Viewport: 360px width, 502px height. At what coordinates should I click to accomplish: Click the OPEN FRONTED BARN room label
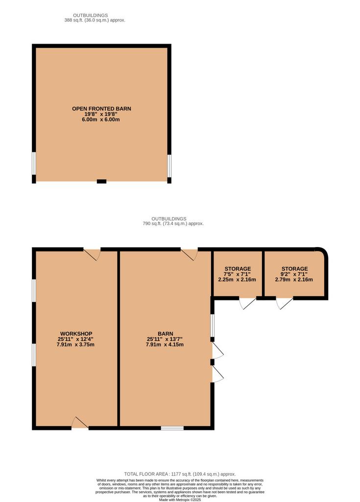tap(101, 108)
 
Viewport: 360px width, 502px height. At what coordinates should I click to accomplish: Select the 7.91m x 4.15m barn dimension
tap(165, 345)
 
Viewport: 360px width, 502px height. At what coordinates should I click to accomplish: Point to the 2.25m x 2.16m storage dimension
tap(237, 279)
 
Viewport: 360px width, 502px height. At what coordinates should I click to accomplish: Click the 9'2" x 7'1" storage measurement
tap(294, 274)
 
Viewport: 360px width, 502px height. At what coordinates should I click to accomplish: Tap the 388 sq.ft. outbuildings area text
tap(95, 20)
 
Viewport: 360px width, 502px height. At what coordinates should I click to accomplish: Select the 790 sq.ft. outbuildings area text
tap(173, 224)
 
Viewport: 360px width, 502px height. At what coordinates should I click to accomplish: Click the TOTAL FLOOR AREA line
tap(180, 474)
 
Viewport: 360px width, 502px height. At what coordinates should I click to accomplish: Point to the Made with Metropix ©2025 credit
tap(180, 500)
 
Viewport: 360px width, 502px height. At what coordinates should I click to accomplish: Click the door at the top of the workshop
tap(92, 254)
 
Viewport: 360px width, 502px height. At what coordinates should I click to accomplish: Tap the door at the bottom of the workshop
tap(80, 423)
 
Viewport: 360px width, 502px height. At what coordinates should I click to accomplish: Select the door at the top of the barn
tap(189, 254)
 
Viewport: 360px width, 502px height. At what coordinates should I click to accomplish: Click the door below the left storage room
tap(248, 303)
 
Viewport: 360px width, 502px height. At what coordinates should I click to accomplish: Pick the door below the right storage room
tap(285, 303)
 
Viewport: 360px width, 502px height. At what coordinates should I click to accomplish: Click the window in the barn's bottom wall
tap(172, 428)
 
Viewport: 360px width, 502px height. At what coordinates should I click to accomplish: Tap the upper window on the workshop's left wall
tap(34, 290)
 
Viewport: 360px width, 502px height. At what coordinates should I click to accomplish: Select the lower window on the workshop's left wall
tap(34, 355)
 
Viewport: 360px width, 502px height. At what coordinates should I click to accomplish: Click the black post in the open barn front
tap(101, 181)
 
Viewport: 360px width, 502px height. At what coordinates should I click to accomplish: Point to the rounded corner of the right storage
tap(323, 252)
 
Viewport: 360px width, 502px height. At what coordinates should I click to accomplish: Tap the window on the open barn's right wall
tap(169, 166)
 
